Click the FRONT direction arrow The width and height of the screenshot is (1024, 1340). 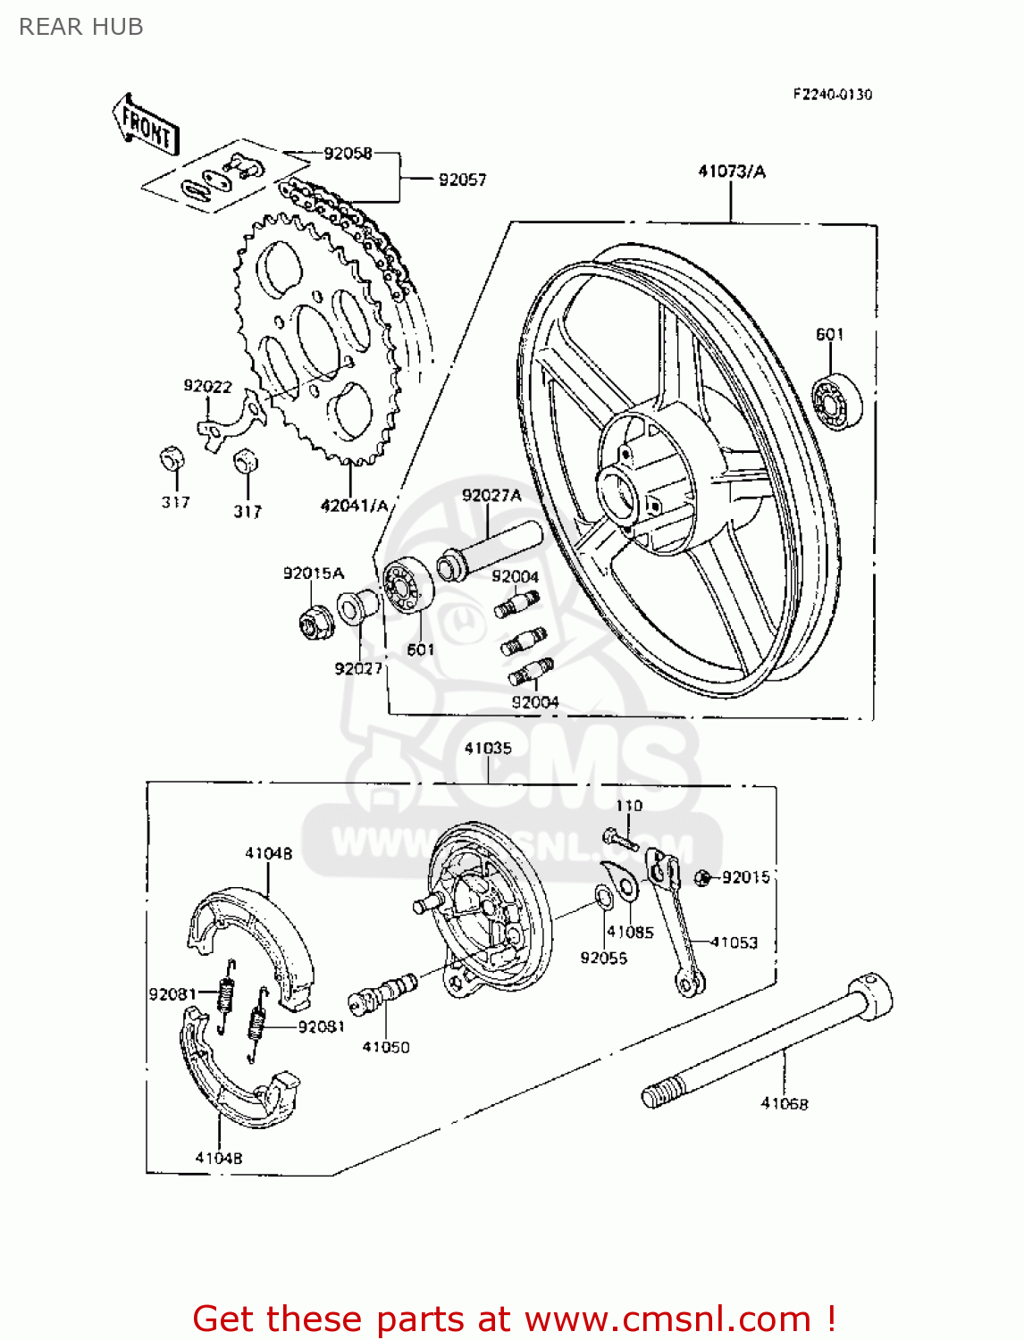click(x=146, y=125)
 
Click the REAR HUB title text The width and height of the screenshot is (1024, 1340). click(x=81, y=28)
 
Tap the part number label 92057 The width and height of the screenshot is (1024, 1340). click(x=462, y=180)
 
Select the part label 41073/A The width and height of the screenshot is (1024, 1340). click(x=731, y=172)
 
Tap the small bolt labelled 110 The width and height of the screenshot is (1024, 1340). click(x=619, y=839)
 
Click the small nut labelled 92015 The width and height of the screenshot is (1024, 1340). click(x=703, y=878)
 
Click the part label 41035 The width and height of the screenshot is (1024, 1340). click(x=488, y=749)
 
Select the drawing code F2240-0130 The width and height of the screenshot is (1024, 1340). click(x=832, y=95)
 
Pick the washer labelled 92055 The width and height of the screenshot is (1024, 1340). click(x=604, y=896)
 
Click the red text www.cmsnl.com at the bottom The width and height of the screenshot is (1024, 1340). click(x=667, y=1319)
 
